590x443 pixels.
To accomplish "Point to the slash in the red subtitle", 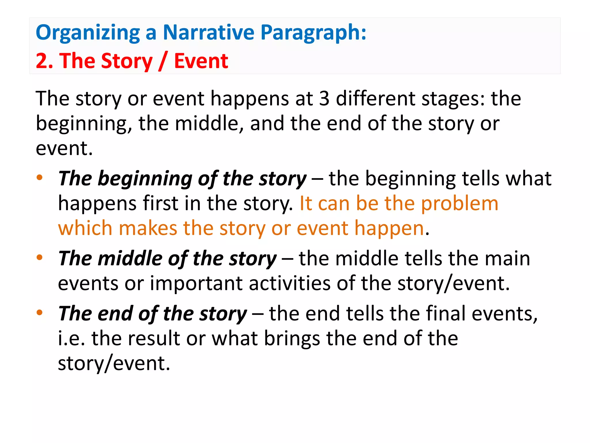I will (163, 61).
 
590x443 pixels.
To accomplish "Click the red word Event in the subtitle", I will (201, 61).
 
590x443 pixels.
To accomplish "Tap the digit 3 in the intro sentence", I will (324, 98).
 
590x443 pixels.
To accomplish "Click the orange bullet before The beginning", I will (39, 177).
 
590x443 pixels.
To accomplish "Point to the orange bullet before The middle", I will (39, 257).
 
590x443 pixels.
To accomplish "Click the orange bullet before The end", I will (39, 312).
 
